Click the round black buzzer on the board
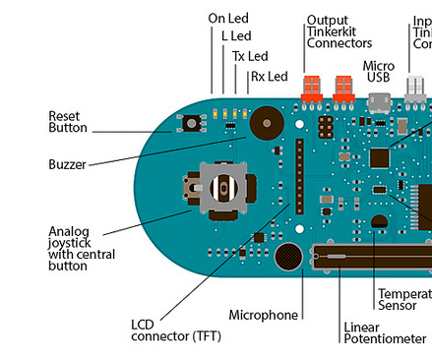[x=266, y=123]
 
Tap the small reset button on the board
[x=187, y=123]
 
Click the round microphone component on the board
[x=288, y=258]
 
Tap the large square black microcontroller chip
[x=381, y=156]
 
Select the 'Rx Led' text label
[x=269, y=76]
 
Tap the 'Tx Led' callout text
[x=249, y=56]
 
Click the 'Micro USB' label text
[x=380, y=71]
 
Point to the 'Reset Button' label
[x=68, y=122]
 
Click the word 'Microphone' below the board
[x=263, y=315]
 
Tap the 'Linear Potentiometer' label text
[x=384, y=332]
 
